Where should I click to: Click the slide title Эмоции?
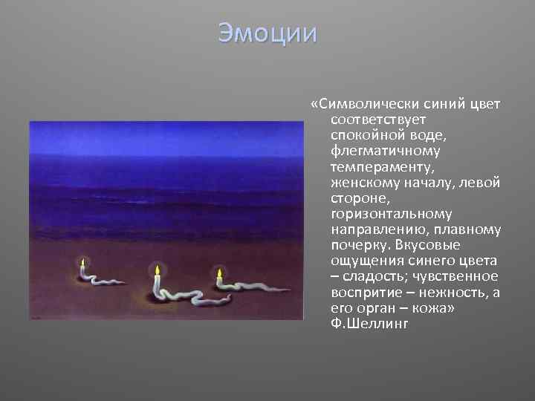pyautogui.click(x=267, y=33)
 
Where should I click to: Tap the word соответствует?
pyautogui.click(x=377, y=119)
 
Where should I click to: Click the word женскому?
pyautogui.click(x=363, y=183)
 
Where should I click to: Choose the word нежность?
pyautogui.click(x=449, y=293)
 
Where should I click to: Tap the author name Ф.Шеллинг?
pyautogui.click(x=369, y=325)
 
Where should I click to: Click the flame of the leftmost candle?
pyautogui.click(x=82, y=263)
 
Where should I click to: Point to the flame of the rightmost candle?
pyautogui.click(x=219, y=273)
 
